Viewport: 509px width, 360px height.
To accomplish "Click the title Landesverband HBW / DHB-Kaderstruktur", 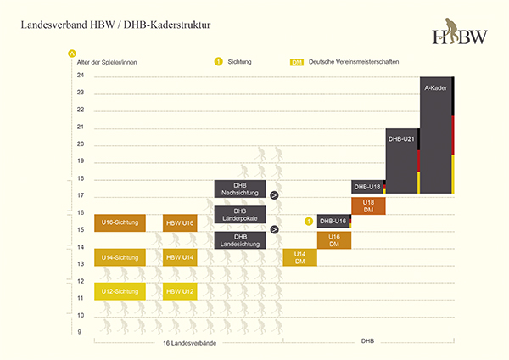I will coord(116,26).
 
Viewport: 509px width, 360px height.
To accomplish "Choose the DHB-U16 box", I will coord(333,221).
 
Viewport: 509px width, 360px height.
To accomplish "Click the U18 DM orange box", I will coord(368,205).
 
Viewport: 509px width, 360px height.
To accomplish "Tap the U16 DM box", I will coord(333,240).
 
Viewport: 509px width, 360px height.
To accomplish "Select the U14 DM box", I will coord(299,257).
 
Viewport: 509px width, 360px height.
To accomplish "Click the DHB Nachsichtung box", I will coord(240,189).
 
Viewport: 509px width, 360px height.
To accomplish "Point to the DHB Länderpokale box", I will coord(240,215).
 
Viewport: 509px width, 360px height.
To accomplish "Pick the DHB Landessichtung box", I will coord(240,240).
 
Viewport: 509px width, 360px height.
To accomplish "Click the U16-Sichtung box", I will coord(119,222).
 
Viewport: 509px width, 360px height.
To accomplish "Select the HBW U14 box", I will coord(180,257).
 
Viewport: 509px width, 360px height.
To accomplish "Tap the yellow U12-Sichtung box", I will coord(119,291).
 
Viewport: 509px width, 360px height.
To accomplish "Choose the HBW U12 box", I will coord(180,291).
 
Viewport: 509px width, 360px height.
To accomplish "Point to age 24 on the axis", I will coord(81,76).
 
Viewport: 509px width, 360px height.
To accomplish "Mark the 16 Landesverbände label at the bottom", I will coord(188,343).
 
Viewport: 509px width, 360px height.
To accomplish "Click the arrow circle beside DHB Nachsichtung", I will coord(274,195).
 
